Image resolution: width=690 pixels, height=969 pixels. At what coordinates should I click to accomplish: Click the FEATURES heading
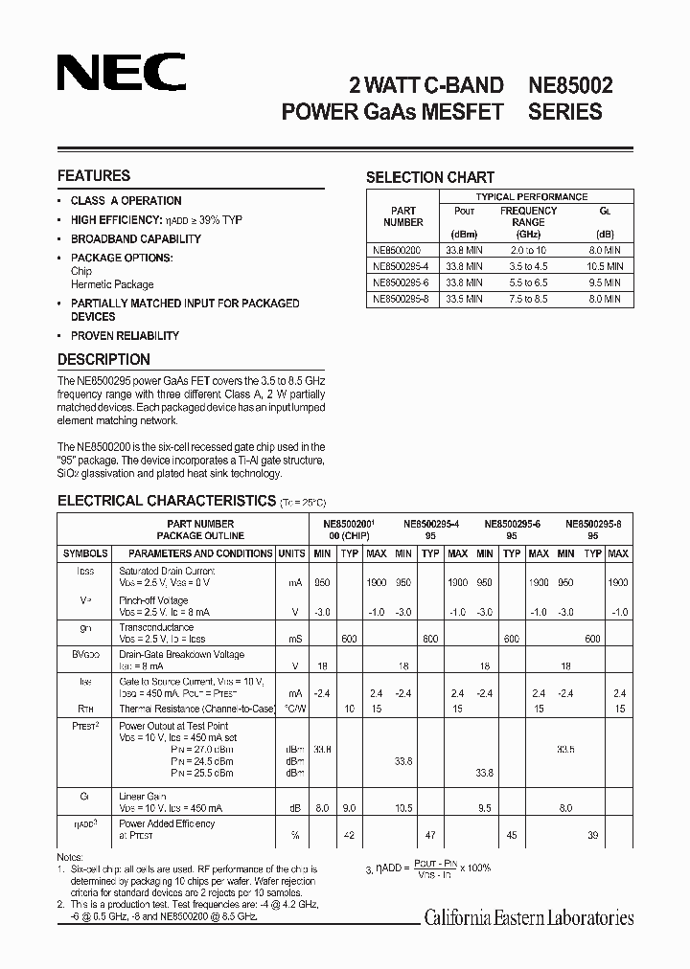94,176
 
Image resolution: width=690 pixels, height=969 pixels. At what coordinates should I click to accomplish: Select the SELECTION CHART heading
430,177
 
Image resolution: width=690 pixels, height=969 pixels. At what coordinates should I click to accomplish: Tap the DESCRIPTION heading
103,360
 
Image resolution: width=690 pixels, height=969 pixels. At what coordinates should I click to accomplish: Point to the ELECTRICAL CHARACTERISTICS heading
167,500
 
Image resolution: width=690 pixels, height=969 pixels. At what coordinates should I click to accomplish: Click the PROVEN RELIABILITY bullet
125,336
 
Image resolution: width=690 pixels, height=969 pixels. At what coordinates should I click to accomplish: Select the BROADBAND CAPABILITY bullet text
135,239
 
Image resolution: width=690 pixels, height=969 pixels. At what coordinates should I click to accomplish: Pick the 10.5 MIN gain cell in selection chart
604,266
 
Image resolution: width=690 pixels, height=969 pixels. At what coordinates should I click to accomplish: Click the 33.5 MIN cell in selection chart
464,299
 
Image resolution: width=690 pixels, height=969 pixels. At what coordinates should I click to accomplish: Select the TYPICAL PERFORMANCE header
532,196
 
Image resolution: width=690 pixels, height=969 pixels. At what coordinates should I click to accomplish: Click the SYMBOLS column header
85,553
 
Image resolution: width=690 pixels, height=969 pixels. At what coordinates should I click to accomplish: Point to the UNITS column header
291,553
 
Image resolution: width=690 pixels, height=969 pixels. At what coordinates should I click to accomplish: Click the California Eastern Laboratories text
529,918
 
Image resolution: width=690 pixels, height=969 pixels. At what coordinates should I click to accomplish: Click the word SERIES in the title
566,111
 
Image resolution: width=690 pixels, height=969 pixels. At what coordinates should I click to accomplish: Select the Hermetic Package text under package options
112,284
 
